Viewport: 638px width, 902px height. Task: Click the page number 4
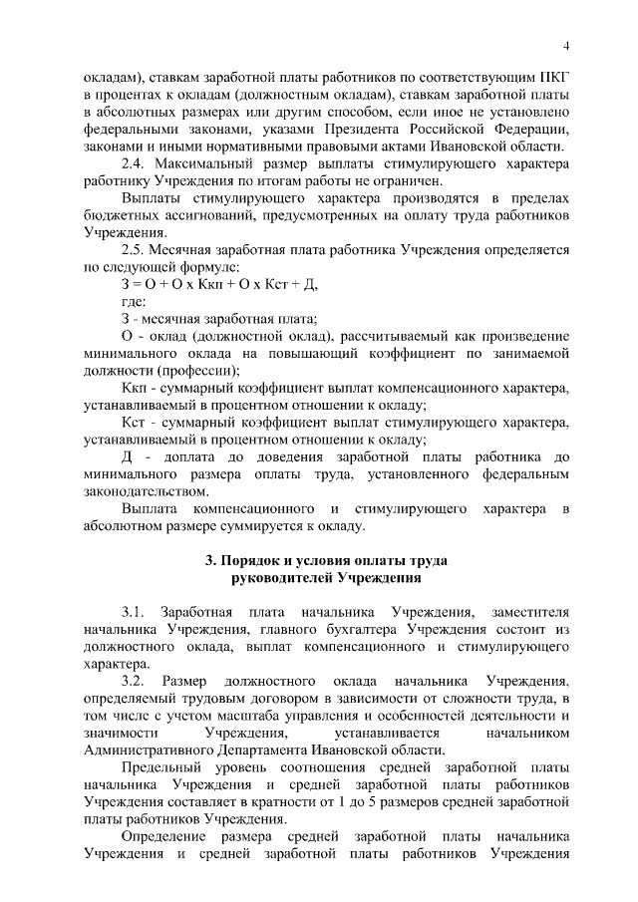[565, 45]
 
